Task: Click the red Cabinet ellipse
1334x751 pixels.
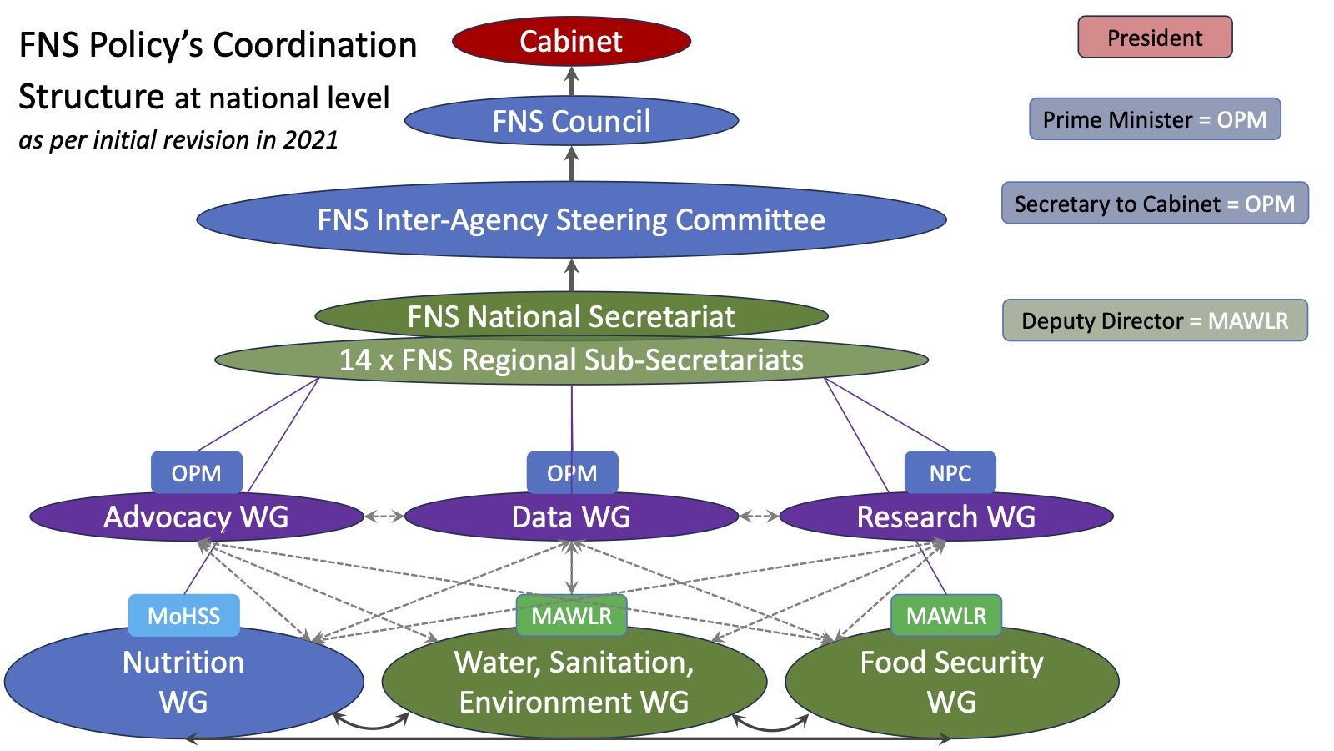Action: point(571,41)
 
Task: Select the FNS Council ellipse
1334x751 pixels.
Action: point(571,121)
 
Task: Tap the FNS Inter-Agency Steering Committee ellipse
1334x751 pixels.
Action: point(571,219)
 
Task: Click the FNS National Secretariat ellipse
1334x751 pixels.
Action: point(571,316)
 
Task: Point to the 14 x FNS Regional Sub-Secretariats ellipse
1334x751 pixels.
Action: point(571,360)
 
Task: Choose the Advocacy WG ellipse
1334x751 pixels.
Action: point(196,517)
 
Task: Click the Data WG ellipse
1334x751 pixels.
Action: point(571,517)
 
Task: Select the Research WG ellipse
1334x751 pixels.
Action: point(946,517)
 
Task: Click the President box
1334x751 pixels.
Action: point(1155,38)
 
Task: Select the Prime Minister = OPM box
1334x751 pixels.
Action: point(1155,119)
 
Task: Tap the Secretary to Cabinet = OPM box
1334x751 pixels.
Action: point(1155,204)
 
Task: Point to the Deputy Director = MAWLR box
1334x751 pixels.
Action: point(1155,320)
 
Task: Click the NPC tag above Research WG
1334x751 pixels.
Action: point(950,473)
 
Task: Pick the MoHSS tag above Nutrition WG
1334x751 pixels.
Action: point(183,616)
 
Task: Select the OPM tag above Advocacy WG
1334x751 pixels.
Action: point(197,473)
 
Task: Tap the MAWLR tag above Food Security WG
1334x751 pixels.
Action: point(946,616)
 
